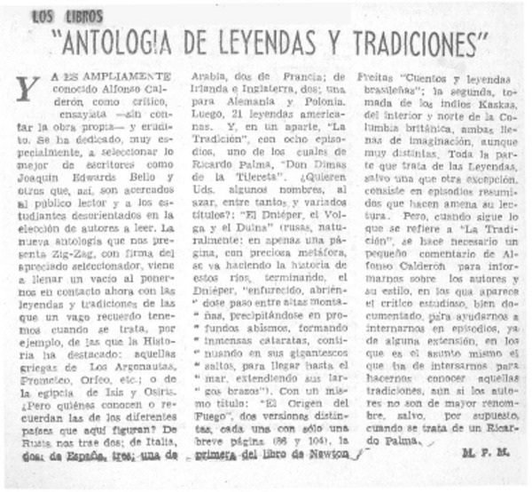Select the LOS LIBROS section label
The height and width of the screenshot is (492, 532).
coord(66,15)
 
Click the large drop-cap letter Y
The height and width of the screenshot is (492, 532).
coord(28,88)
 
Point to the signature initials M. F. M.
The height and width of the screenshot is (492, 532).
coord(481,453)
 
